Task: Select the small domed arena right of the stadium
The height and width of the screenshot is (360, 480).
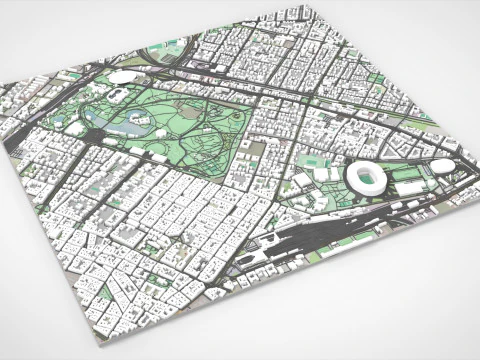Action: (x=442, y=166)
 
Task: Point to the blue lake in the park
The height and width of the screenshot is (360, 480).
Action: (x=131, y=126)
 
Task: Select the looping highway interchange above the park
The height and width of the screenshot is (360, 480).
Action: (x=170, y=55)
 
